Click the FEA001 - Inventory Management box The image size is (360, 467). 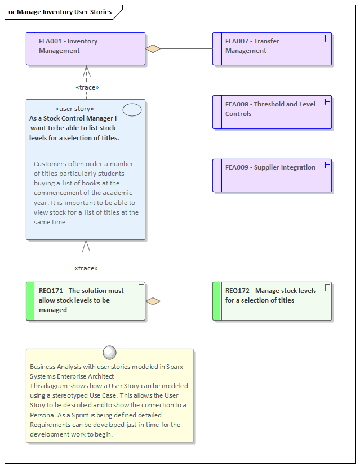point(86,48)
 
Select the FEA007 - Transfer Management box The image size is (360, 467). point(272,48)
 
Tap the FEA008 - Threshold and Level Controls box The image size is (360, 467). point(272,112)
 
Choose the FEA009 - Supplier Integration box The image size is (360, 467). point(272,175)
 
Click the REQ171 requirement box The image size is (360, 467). point(86,301)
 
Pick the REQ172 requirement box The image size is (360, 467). point(272,301)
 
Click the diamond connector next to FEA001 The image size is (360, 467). point(153,49)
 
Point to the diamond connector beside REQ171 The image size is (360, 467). point(153,301)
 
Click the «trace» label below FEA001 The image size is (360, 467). point(87,87)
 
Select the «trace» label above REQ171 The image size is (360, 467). point(86,268)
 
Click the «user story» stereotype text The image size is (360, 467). point(75,109)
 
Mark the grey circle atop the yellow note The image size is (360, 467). point(110,352)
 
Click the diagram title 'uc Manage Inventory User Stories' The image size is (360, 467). point(60,12)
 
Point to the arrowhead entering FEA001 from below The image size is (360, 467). point(86,70)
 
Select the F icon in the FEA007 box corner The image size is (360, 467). point(327,38)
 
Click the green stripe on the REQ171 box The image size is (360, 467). point(30,301)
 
